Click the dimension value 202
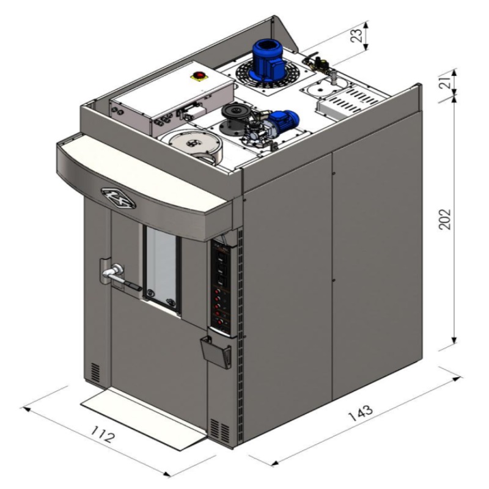[445, 219]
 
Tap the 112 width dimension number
[103, 435]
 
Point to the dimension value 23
[358, 35]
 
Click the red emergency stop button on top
[199, 75]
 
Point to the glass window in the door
[161, 267]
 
